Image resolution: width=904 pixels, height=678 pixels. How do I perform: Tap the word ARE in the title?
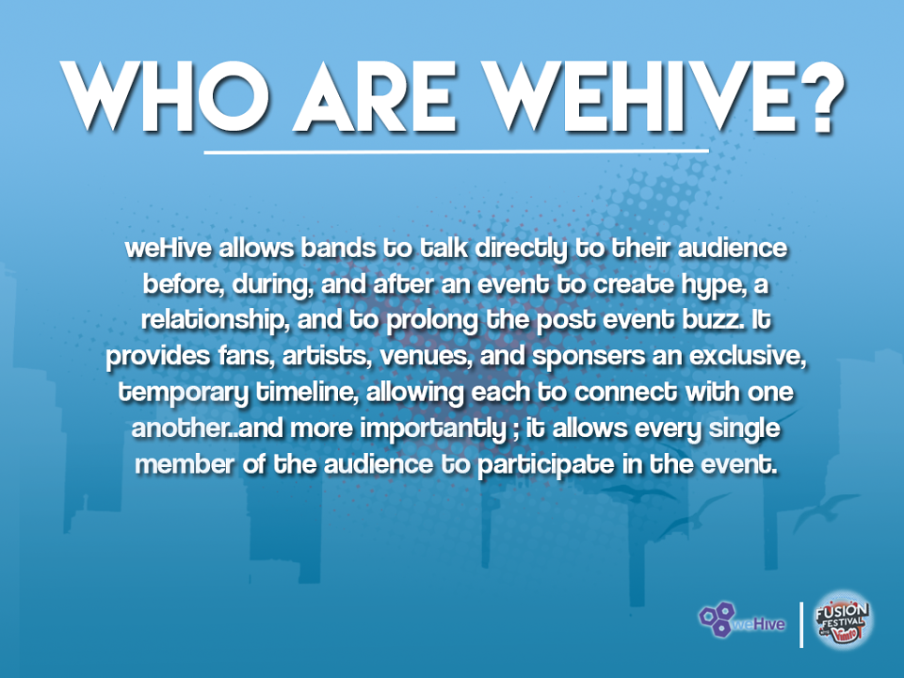click(376, 96)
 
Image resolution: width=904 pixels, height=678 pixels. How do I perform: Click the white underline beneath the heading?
click(456, 152)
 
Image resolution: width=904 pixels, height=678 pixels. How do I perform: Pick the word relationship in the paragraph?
click(215, 321)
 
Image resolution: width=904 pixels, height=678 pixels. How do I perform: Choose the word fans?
click(246, 356)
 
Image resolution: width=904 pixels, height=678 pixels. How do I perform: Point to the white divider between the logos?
click(800, 624)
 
